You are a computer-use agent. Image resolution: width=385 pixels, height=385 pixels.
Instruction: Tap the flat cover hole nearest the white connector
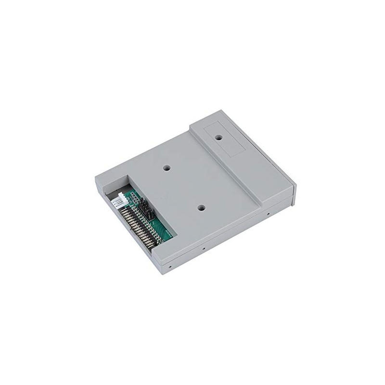coord(167,168)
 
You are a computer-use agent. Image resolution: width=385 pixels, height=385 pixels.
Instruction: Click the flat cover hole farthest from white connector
coord(202,208)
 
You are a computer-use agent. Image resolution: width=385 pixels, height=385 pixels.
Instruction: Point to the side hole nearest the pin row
coord(170,265)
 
